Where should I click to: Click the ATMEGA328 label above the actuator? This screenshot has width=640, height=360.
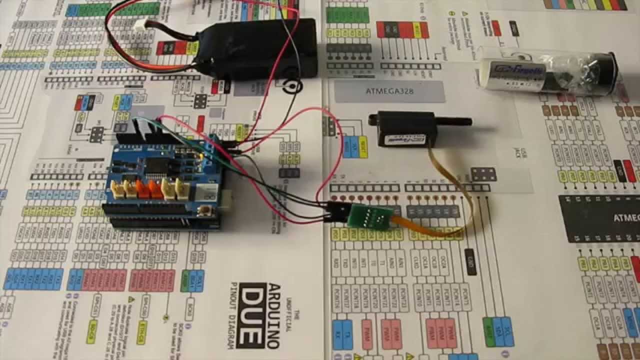389,91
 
